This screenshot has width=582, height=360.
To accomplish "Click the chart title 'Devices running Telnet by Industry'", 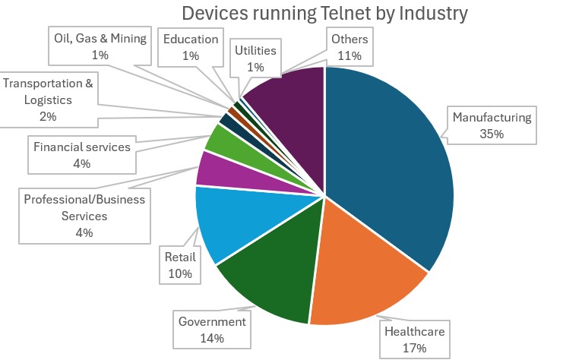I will tap(324, 14).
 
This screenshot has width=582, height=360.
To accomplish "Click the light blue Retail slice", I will tap(228, 220).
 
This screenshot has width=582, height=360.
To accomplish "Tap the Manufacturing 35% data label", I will tap(493, 126).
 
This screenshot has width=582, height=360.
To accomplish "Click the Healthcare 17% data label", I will tap(413, 340).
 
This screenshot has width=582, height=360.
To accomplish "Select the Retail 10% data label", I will tap(180, 264).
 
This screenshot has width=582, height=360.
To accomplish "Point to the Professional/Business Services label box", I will tap(84, 216).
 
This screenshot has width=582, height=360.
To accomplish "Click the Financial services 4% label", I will tap(82, 155).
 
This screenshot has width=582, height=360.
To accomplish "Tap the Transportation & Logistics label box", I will tap(49, 99).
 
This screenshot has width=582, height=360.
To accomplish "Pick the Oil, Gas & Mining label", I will tap(100, 47).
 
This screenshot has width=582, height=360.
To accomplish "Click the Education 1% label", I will tap(191, 47).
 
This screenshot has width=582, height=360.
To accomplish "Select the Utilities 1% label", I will tap(255, 58).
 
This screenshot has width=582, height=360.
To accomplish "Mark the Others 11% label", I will tap(350, 47).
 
